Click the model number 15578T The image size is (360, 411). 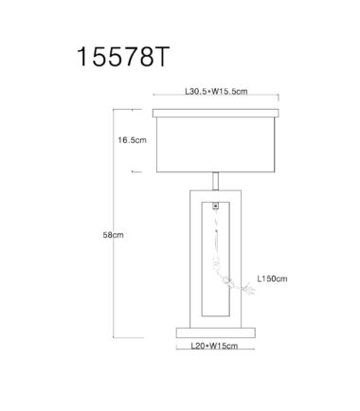pyautogui.click(x=123, y=57)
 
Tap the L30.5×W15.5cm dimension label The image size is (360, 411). pyautogui.click(x=216, y=92)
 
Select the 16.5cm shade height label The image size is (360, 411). pyautogui.click(x=133, y=140)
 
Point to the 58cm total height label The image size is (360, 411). pyautogui.click(x=113, y=235)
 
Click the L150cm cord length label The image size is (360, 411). pyautogui.click(x=272, y=278)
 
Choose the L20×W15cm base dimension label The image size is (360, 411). pyautogui.click(x=214, y=346)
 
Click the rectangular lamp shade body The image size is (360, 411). pyautogui.click(x=216, y=145)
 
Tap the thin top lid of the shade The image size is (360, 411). pyautogui.click(x=216, y=113)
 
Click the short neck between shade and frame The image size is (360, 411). pyautogui.click(x=215, y=181)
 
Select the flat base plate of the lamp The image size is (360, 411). pyautogui.click(x=216, y=332)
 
